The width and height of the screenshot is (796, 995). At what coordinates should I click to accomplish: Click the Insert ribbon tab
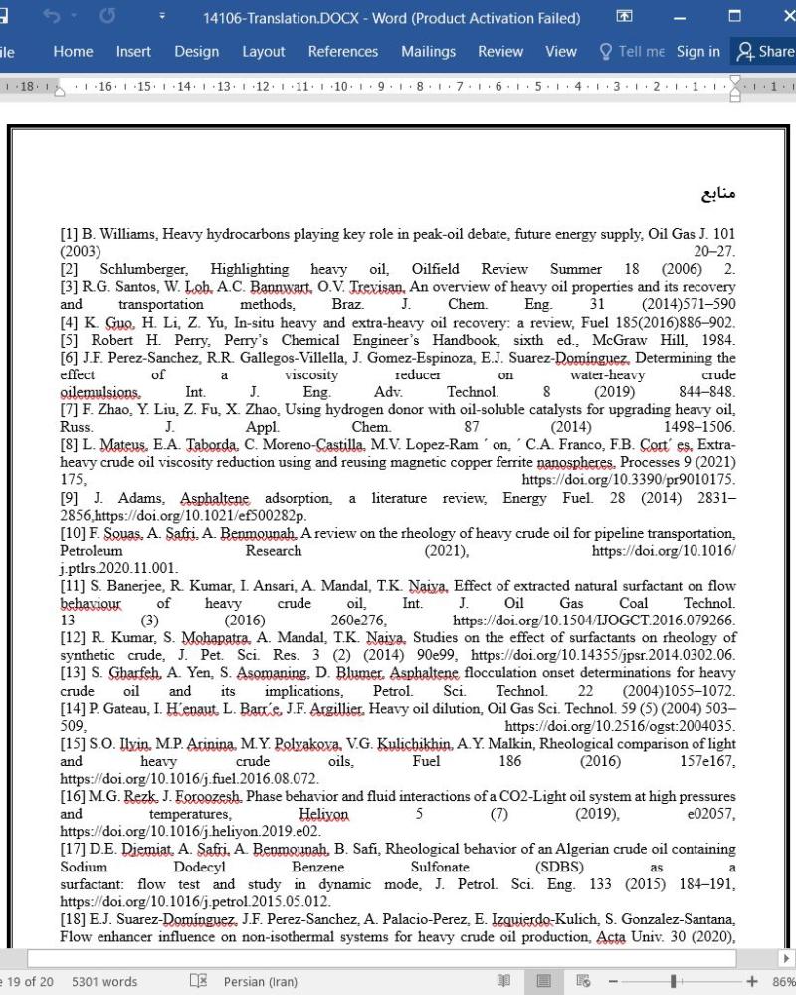coord(133,52)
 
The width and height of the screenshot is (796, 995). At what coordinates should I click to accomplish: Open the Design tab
coord(196,52)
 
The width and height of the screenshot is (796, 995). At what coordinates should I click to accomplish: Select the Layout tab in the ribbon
coord(263,52)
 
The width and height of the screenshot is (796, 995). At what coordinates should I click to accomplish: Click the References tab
coord(342,52)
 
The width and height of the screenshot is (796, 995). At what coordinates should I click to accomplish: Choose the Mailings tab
coord(428,52)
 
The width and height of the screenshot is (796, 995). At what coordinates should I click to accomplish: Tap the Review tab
coord(499,52)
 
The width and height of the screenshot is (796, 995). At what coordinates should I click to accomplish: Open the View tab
coord(560,52)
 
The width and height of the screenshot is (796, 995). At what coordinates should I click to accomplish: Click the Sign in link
coord(697,52)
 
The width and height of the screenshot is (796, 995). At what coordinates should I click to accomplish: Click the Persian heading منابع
coord(717,192)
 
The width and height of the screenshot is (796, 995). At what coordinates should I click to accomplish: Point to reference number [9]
coord(70,498)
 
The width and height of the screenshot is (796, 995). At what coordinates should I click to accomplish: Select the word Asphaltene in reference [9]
coord(214,498)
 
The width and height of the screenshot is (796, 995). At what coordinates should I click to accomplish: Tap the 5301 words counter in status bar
coord(104,982)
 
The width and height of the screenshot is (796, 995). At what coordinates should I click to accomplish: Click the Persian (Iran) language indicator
coord(260,982)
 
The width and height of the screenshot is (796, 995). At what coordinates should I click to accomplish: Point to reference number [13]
coord(74,673)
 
